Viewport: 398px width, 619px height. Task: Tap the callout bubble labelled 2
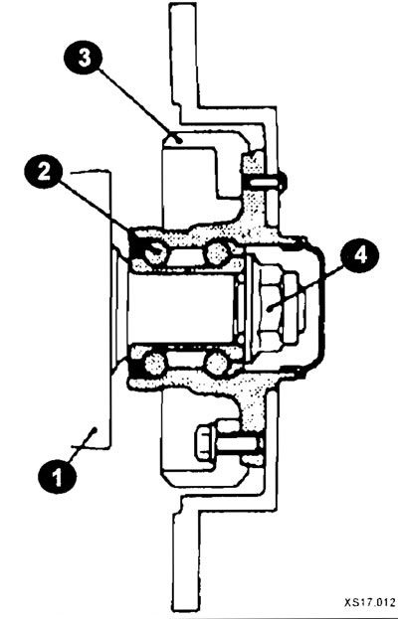tap(44, 172)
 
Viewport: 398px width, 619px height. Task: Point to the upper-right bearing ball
tap(218, 252)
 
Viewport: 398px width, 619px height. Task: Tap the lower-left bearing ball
tap(155, 363)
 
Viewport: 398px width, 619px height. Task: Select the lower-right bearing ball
tap(217, 363)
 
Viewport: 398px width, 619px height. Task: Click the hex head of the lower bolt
tap(205, 443)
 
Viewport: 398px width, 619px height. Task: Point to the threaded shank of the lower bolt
tap(239, 444)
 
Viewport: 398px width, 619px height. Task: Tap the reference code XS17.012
tap(369, 602)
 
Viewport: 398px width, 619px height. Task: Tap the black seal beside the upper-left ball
tap(135, 244)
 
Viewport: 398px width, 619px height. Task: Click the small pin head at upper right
tap(283, 181)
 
